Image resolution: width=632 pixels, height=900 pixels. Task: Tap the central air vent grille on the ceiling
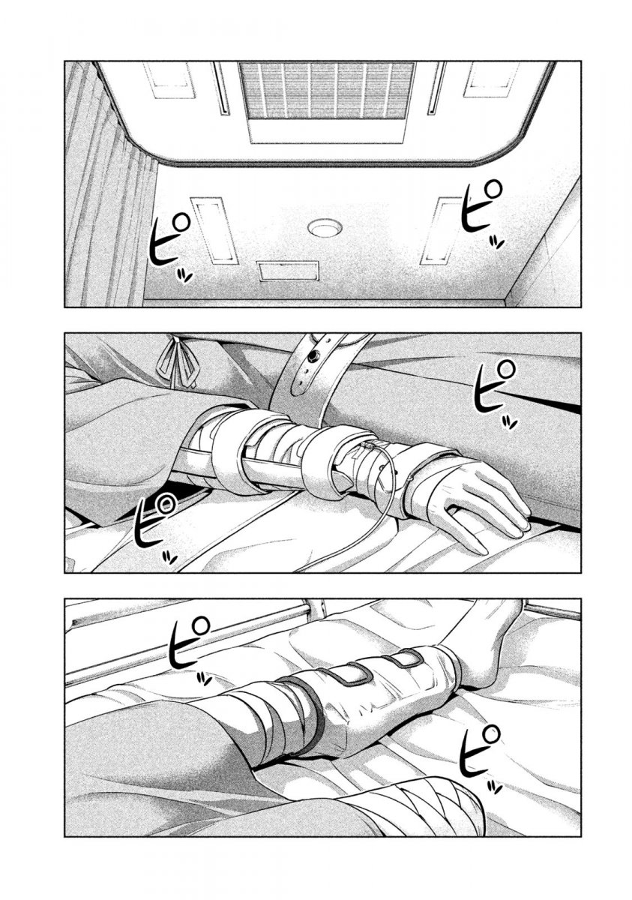326,91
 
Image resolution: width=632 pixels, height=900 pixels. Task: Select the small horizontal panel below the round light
289,271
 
